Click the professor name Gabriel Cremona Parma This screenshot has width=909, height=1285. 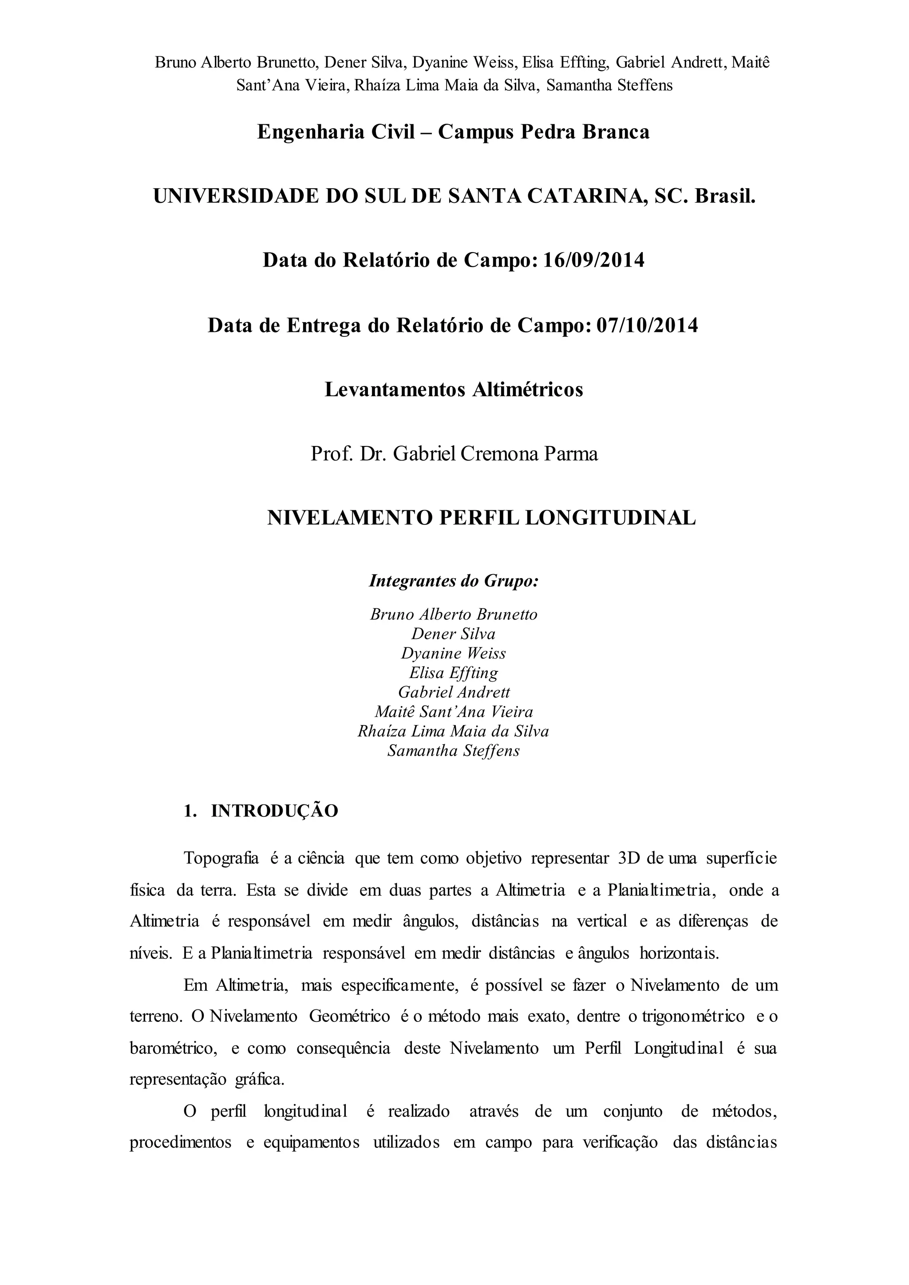pos(495,453)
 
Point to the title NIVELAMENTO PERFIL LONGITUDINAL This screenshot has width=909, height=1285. pos(482,518)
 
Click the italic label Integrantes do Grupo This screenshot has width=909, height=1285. pos(453,581)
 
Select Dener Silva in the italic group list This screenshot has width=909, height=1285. pos(453,634)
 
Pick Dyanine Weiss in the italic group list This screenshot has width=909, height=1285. pos(453,653)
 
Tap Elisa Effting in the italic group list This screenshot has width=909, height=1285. pos(453,672)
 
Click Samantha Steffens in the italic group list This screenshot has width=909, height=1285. pos(453,750)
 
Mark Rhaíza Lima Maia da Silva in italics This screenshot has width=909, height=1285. pos(453,731)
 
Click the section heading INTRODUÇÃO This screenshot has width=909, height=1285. pos(274,811)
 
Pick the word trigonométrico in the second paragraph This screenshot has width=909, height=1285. pos(693,1017)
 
